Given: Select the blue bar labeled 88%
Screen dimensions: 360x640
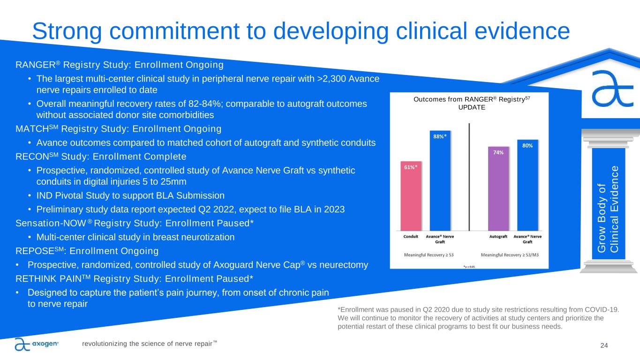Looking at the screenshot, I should coord(440,180).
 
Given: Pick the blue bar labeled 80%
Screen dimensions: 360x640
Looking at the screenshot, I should coord(527,185).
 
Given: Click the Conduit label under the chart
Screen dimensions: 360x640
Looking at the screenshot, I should coord(411,237).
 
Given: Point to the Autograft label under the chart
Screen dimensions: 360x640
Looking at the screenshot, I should coord(498,237).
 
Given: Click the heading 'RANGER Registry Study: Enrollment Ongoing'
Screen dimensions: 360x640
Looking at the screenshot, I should coord(120,64).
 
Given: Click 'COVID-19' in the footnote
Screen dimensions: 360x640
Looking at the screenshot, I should coord(602,309).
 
